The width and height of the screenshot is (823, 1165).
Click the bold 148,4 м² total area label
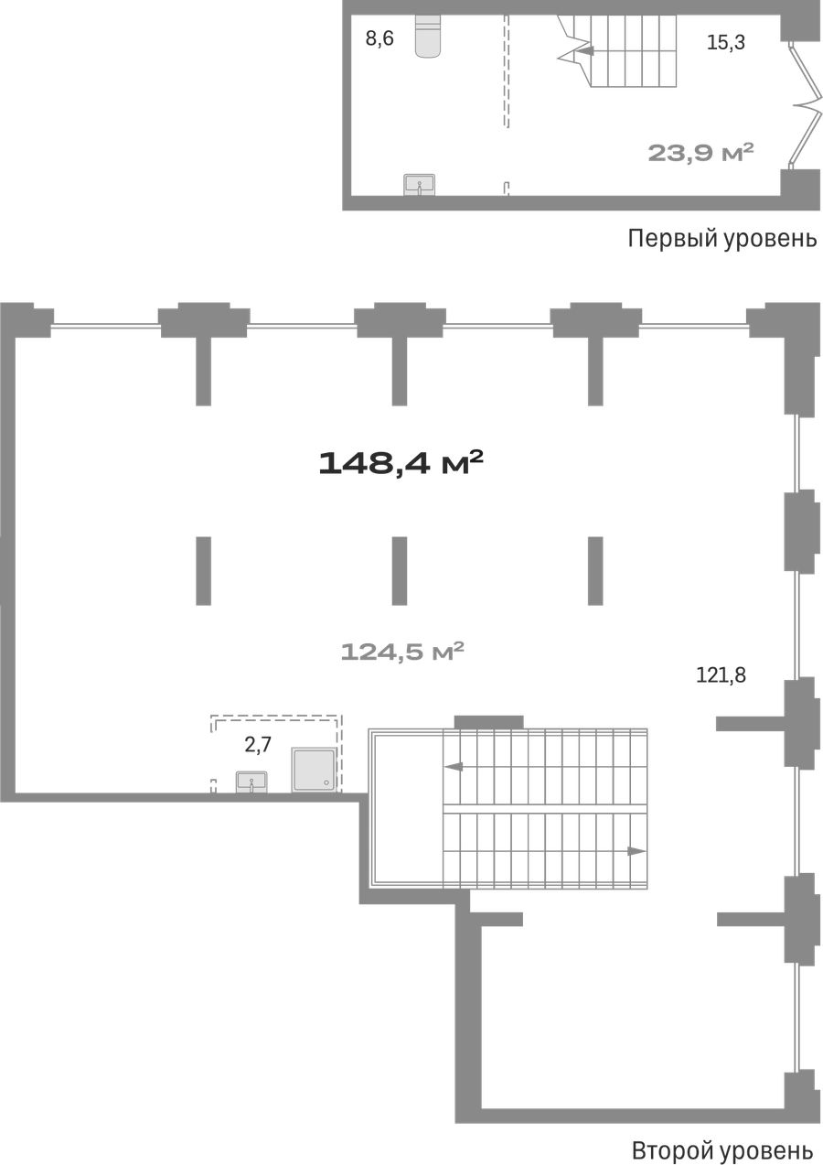[x=401, y=463]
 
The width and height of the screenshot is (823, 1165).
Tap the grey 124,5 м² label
[x=402, y=652]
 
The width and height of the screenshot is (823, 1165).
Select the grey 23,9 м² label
[x=700, y=153]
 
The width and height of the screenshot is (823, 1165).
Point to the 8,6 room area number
[x=379, y=39]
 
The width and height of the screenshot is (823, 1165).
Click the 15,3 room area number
[x=726, y=43]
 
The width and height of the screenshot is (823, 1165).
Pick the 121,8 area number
[x=721, y=675]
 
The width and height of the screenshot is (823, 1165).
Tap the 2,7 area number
[x=258, y=745]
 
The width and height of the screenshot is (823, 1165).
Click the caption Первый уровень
[x=722, y=239]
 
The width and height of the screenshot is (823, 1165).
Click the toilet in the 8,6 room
[x=428, y=35]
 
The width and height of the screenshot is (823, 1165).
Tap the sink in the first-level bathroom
[x=419, y=185]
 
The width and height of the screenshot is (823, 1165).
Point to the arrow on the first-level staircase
[x=585, y=51]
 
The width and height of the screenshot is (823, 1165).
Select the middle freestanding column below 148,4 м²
[x=399, y=571]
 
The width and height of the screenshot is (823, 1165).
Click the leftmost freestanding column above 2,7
[x=204, y=571]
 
